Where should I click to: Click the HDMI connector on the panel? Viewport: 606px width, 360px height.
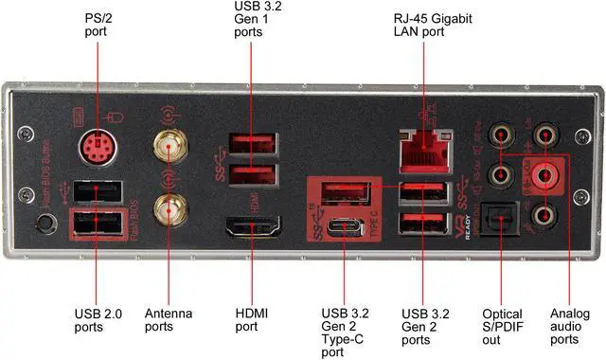[x=251, y=228]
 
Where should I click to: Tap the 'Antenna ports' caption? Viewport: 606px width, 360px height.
[x=167, y=318]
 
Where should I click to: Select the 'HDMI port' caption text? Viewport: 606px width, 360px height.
[x=251, y=318]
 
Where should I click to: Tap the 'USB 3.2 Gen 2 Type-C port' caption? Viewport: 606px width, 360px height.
[x=343, y=332]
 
